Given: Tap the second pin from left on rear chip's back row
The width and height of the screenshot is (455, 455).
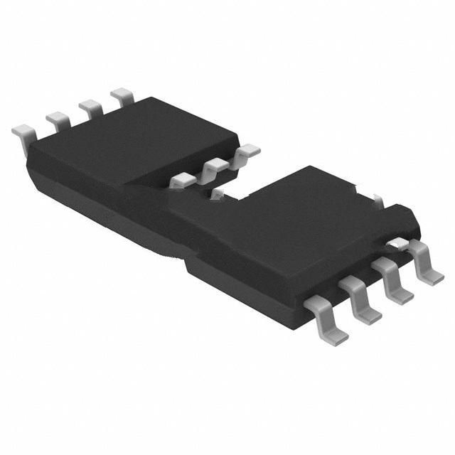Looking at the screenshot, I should point(58,117).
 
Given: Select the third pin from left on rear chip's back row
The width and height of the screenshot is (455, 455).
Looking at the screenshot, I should point(90,106).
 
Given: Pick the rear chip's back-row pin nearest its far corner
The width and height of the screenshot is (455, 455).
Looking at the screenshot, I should point(122,95).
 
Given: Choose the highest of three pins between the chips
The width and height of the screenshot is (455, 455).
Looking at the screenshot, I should point(248,151).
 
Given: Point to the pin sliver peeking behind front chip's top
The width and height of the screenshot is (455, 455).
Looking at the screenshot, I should point(379,201).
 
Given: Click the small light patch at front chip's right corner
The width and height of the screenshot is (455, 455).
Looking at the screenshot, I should point(399,244).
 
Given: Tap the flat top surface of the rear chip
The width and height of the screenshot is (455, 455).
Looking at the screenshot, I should point(135,142).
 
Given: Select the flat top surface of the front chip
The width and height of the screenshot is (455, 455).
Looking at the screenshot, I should point(284,213).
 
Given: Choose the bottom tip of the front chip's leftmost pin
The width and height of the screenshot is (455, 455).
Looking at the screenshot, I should point(334,340).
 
